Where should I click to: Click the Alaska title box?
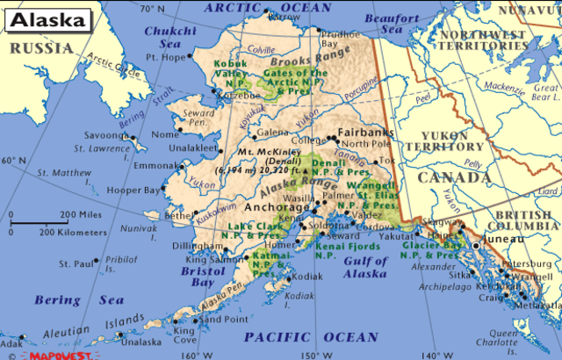click(49, 19)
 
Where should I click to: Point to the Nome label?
click(164, 134)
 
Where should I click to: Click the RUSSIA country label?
click(40, 48)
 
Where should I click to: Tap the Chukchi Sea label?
click(163, 34)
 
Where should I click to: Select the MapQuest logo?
click(59, 355)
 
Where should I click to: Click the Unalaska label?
click(141, 342)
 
